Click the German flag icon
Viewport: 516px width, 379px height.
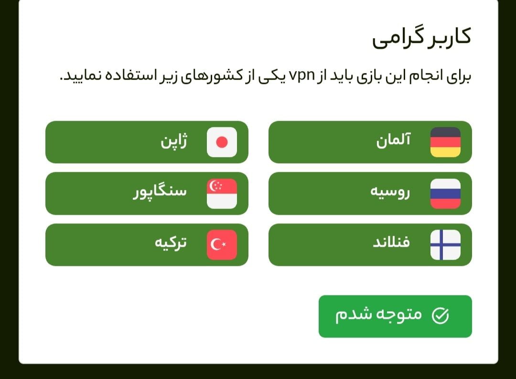(x=445, y=142)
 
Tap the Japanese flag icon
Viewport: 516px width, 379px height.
(x=222, y=142)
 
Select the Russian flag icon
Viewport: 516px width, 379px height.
(x=445, y=194)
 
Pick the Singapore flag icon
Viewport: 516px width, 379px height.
(x=222, y=194)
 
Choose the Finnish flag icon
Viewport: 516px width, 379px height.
(x=445, y=245)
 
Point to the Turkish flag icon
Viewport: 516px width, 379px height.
(x=222, y=245)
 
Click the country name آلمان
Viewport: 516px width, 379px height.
(x=393, y=141)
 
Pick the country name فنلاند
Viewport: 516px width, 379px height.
(x=391, y=243)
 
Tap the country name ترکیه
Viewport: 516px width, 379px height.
(x=171, y=243)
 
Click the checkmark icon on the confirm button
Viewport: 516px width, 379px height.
(x=440, y=316)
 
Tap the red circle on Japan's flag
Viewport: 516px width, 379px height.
(x=222, y=142)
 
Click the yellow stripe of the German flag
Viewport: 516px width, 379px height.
(x=445, y=152)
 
